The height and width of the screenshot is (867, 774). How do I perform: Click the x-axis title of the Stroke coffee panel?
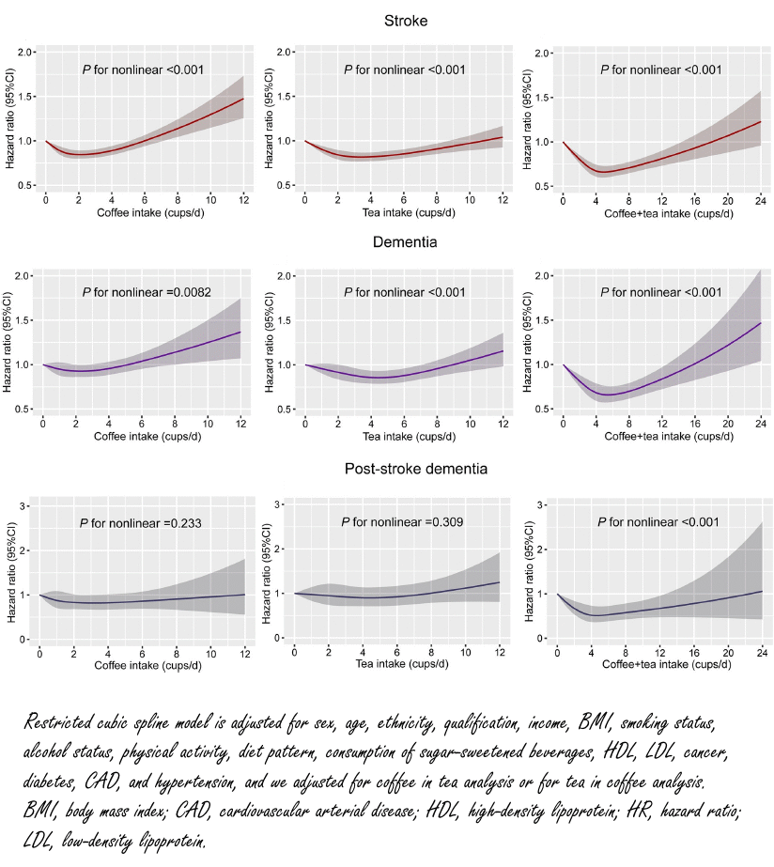tap(144, 212)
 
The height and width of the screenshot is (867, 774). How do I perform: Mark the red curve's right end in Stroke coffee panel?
tap(242, 99)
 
